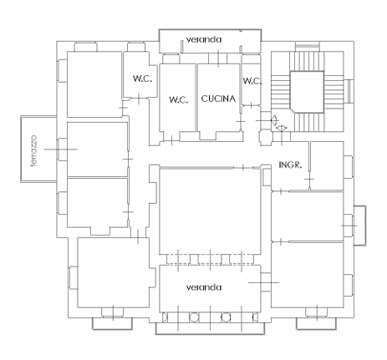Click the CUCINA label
click(218, 99)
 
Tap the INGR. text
click(290, 165)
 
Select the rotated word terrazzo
click(34, 151)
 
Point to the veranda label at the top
click(204, 39)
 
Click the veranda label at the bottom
click(204, 287)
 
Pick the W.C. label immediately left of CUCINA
click(178, 99)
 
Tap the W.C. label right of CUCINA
click(252, 81)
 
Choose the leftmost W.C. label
click(142, 79)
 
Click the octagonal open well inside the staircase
click(307, 92)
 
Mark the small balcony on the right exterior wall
click(359, 226)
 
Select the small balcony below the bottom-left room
click(112, 323)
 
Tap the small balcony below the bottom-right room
click(316, 323)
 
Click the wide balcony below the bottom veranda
click(210, 328)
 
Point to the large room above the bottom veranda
click(210, 211)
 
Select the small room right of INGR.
click(327, 166)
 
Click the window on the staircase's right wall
click(349, 91)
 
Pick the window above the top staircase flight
click(308, 46)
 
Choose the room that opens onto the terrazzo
click(98, 150)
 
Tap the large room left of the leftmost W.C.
click(94, 84)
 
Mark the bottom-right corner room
click(308, 275)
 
